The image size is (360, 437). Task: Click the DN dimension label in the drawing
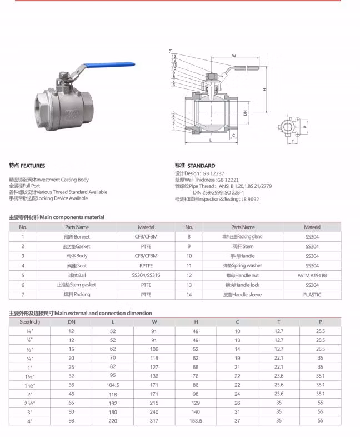tap(245, 112)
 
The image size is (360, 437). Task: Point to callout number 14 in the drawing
tap(171, 51)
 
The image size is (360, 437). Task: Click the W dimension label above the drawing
tap(234, 56)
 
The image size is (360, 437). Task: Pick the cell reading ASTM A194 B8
tap(312, 275)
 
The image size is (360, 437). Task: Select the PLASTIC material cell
tap(312, 295)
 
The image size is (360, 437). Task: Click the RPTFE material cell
tap(146, 266)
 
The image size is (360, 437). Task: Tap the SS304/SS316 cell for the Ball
tap(146, 275)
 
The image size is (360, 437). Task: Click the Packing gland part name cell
tap(243, 236)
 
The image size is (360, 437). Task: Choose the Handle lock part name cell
tap(243, 285)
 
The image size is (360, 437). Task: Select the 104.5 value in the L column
tap(113, 385)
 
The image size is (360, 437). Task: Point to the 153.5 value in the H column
tap(196, 421)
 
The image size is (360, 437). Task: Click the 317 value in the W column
tap(154, 421)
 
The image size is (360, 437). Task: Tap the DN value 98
tap(72, 421)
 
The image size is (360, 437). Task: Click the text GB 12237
tap(213, 173)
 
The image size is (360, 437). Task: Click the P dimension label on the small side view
tap(305, 126)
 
